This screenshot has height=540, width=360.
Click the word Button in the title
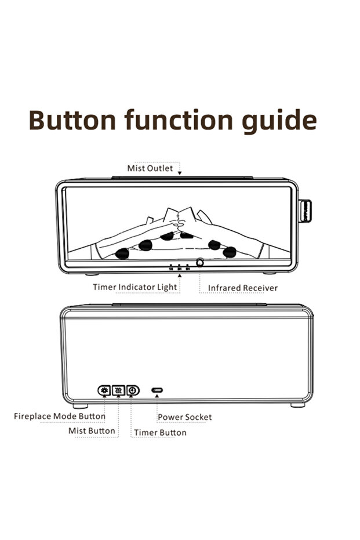tap(72, 120)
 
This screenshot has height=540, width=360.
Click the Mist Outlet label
tap(150, 168)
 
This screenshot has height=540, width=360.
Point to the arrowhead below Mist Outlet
tap(179, 173)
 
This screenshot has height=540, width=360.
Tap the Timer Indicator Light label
tap(135, 287)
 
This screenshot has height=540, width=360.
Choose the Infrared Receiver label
tap(243, 288)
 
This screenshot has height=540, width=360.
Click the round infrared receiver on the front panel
tap(199, 263)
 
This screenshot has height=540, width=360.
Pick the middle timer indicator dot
tap(179, 266)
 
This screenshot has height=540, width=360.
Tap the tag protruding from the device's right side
tap(306, 211)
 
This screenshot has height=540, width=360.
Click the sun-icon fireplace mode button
tap(104, 390)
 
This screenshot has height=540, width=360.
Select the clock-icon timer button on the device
tap(133, 390)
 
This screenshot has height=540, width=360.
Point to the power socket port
tap(157, 390)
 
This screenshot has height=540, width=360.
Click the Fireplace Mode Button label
tap(60, 416)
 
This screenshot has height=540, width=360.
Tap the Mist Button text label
tap(92, 431)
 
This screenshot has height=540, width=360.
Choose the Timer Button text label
tap(160, 433)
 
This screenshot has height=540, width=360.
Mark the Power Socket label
tap(185, 417)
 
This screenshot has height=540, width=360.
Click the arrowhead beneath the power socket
tap(157, 396)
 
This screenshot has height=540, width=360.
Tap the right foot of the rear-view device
tap(298, 405)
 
